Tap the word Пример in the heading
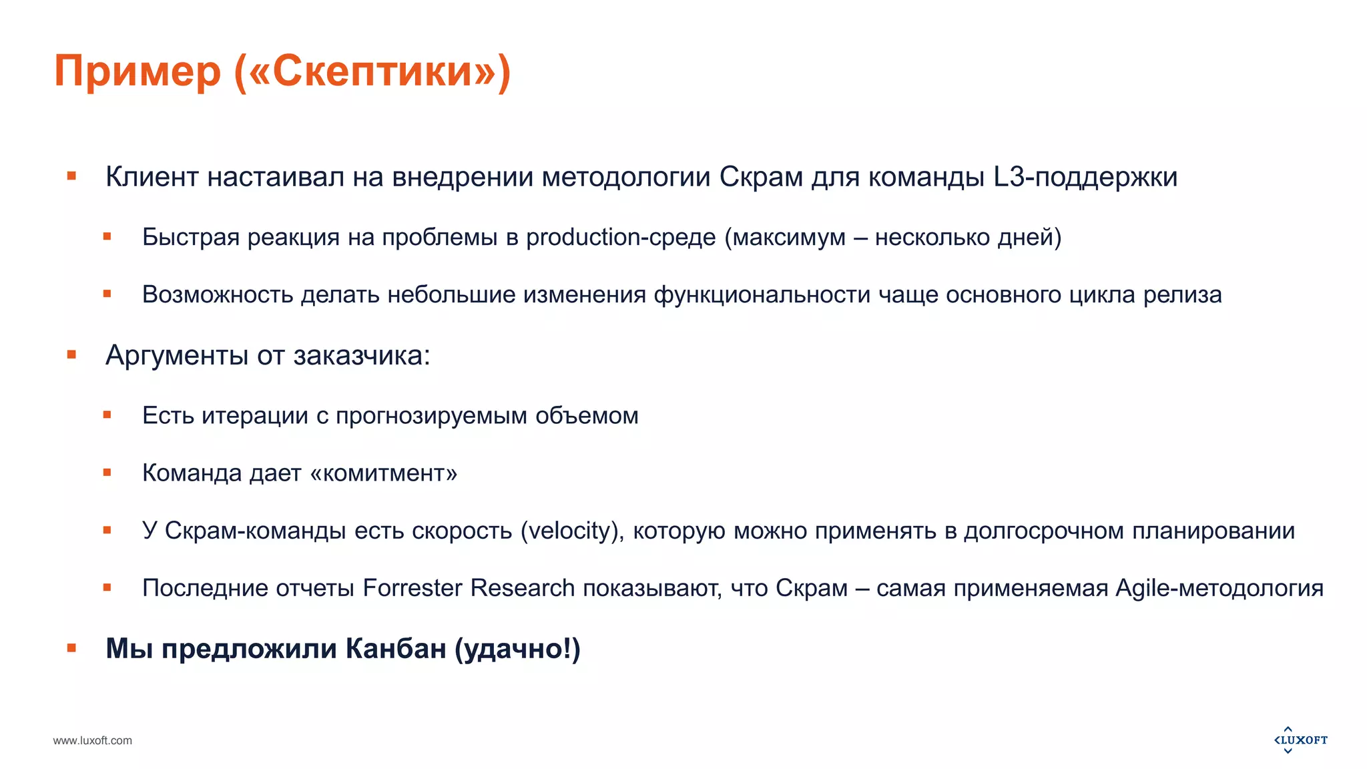click(x=137, y=72)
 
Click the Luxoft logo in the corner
click(x=1300, y=740)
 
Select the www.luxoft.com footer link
click(x=93, y=740)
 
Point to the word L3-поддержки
click(x=1085, y=177)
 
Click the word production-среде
click(x=621, y=237)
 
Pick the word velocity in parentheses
click(x=572, y=531)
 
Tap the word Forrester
click(x=413, y=588)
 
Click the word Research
click(x=523, y=588)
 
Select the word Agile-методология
click(x=1219, y=588)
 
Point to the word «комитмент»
click(x=384, y=473)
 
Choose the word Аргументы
click(x=177, y=355)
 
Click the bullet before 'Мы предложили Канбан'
click(x=71, y=648)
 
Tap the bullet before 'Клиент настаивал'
click(x=71, y=176)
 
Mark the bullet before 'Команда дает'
click(x=107, y=473)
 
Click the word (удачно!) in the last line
click(x=517, y=648)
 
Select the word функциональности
click(x=762, y=294)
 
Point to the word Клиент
click(x=152, y=177)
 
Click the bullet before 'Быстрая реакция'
click(x=107, y=236)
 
